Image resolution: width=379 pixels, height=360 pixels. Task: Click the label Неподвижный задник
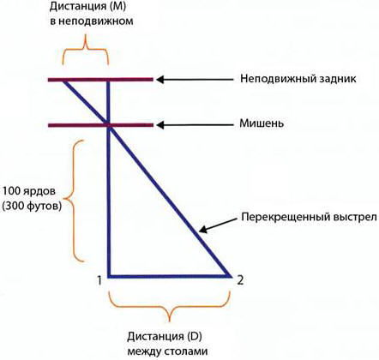[298, 79]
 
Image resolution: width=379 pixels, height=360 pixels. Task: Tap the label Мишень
[262, 123]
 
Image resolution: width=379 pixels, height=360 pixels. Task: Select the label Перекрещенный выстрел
[310, 218]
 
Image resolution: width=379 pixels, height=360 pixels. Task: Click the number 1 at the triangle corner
[99, 280]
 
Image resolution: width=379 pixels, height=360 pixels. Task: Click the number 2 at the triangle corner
[240, 280]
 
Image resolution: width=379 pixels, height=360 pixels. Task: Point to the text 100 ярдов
[29, 191]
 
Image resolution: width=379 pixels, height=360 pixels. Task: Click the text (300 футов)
[32, 206]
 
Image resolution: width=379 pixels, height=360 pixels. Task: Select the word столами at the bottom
[185, 351]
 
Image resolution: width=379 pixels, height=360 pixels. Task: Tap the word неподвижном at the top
[92, 21]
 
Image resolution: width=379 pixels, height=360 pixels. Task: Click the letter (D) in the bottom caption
[195, 337]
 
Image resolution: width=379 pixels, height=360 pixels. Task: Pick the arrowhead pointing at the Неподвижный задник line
[159, 80]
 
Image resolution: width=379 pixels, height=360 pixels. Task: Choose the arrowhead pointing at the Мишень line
[159, 125]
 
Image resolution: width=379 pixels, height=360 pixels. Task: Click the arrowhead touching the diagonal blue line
[202, 229]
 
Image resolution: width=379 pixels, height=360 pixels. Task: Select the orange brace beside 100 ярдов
[71, 200]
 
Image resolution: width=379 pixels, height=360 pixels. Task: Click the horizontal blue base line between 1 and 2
[169, 276]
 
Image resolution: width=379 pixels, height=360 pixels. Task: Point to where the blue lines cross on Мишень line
[108, 125]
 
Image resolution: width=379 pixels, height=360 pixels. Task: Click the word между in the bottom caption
[143, 351]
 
